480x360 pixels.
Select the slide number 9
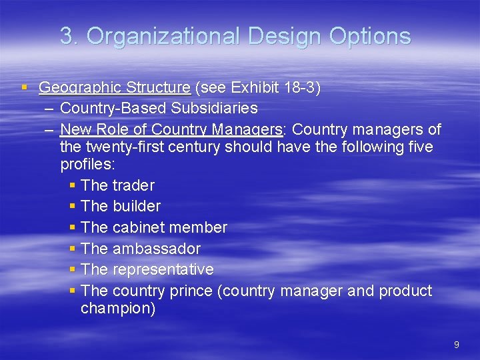tap(457, 345)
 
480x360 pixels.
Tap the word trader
tap(133, 185)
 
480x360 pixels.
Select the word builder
tap(137, 207)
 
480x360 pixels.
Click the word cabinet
tap(138, 227)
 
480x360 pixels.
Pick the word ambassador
tap(157, 249)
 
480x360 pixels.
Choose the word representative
tap(163, 269)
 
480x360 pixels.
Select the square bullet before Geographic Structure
tap(25, 87)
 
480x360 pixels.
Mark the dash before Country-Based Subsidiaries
tap(51, 108)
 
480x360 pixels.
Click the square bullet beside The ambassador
tap(72, 248)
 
